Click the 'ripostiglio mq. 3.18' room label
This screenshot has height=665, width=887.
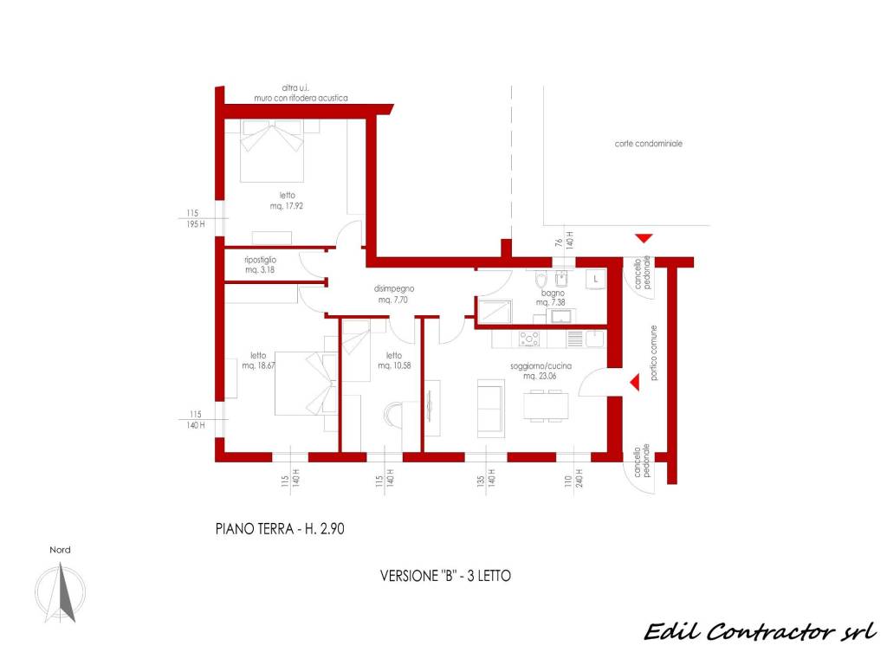click(260, 265)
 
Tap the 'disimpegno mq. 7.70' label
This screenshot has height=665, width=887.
click(394, 294)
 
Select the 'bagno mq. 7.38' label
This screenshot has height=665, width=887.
click(552, 298)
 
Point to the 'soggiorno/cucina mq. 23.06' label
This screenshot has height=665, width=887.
click(541, 371)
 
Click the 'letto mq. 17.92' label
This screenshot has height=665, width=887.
click(287, 201)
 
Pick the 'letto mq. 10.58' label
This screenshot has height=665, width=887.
click(394, 360)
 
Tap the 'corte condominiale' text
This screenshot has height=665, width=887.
click(648, 144)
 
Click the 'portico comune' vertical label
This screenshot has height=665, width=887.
click(653, 353)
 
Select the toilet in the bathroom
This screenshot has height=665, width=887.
click(541, 280)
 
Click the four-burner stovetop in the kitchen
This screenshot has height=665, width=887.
click(529, 339)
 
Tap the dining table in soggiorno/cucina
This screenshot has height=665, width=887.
click(546, 405)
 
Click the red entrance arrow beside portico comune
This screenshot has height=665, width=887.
click(635, 382)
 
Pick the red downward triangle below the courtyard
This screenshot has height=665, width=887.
click(644, 238)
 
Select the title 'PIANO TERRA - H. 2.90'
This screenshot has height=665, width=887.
click(280, 529)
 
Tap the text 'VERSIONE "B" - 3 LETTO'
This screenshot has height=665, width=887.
click(446, 576)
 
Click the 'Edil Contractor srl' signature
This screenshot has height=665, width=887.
click(761, 631)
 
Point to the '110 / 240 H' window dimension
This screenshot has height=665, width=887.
click(573, 478)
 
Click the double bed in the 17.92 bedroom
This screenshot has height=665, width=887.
click(272, 151)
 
